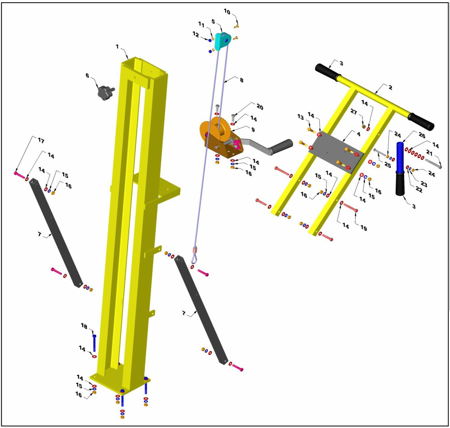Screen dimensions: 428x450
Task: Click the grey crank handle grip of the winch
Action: [x=281, y=146]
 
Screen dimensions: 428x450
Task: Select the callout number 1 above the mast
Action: [x=117, y=47]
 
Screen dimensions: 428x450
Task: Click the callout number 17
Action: [x=41, y=141]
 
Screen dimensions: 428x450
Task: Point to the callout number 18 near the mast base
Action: [x=84, y=326]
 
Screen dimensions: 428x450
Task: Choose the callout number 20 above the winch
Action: [x=260, y=107]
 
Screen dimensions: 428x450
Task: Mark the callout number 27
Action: [x=353, y=112]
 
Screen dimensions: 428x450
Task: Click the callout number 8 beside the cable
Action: [x=241, y=80]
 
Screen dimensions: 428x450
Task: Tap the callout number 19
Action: [x=363, y=228]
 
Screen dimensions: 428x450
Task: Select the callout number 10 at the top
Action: [x=227, y=12]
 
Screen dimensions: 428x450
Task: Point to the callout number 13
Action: [x=300, y=117]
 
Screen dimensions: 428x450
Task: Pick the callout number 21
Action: [x=429, y=153]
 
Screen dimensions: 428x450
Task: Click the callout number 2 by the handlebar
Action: [x=390, y=87]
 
